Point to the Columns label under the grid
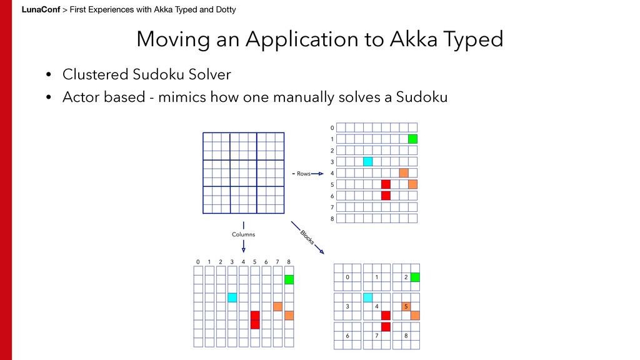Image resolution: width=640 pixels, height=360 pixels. (x=243, y=234)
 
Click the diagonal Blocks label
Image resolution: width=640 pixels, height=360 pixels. (x=307, y=237)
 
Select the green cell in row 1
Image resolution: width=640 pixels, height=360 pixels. (x=412, y=139)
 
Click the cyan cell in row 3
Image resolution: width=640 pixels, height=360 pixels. (x=367, y=162)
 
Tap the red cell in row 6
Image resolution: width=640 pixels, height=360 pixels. (x=386, y=196)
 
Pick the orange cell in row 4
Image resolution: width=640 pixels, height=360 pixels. (x=404, y=173)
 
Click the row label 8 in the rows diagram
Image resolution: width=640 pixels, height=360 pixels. (x=332, y=219)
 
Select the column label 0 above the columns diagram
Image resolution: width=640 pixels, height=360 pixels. (x=197, y=261)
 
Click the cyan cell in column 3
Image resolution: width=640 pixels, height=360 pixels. (x=232, y=297)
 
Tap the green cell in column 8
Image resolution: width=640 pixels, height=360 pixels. (x=289, y=279)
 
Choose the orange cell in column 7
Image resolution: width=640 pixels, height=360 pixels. (x=277, y=306)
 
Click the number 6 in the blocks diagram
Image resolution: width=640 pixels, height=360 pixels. (x=347, y=336)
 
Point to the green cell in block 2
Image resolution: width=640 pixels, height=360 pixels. (x=415, y=277)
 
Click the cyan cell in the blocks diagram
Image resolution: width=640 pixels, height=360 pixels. (x=367, y=297)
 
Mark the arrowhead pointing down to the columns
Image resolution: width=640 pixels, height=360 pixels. (x=243, y=249)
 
